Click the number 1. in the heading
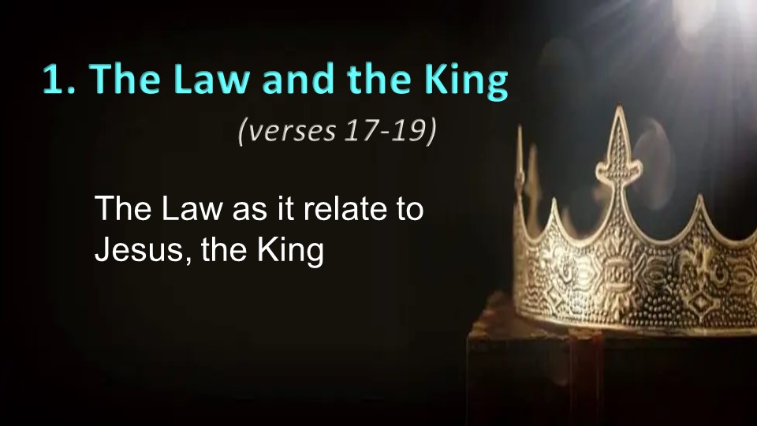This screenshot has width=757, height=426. [59, 78]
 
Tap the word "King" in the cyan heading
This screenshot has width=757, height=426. [466, 81]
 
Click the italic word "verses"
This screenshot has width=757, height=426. [292, 132]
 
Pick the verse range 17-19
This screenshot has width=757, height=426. [386, 130]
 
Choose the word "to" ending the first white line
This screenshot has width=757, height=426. [410, 210]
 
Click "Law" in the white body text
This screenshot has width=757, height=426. [192, 208]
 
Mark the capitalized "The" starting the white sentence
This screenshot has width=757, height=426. [123, 208]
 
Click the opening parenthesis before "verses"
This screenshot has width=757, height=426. [242, 132]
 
